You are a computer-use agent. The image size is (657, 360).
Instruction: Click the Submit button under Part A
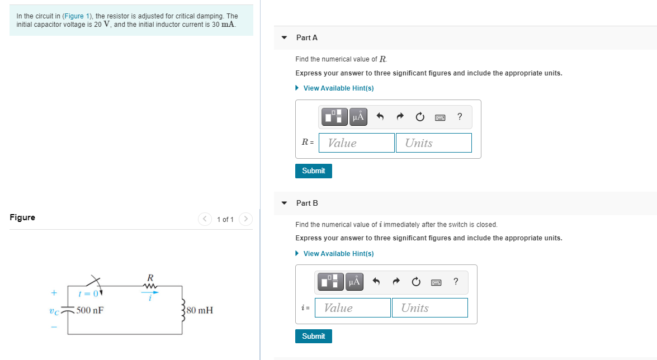tap(313, 171)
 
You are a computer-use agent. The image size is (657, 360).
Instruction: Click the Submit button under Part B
tap(313, 336)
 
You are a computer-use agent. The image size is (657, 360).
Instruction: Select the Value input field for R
tap(357, 143)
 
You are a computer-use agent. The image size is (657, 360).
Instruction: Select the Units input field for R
tap(433, 143)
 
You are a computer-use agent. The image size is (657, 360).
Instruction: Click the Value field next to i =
tap(353, 307)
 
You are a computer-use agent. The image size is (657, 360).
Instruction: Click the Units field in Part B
tap(429, 307)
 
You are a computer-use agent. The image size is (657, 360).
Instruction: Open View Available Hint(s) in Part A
tap(338, 88)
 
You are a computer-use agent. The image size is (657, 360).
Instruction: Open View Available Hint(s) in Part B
tap(338, 254)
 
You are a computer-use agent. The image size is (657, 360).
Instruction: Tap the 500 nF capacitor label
tap(90, 310)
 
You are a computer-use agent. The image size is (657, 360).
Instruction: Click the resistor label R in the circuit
tap(150, 277)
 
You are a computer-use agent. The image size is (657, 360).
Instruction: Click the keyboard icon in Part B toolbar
tap(436, 282)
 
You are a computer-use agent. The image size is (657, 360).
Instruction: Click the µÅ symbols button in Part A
tap(358, 117)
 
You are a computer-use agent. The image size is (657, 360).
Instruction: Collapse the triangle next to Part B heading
tap(284, 203)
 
